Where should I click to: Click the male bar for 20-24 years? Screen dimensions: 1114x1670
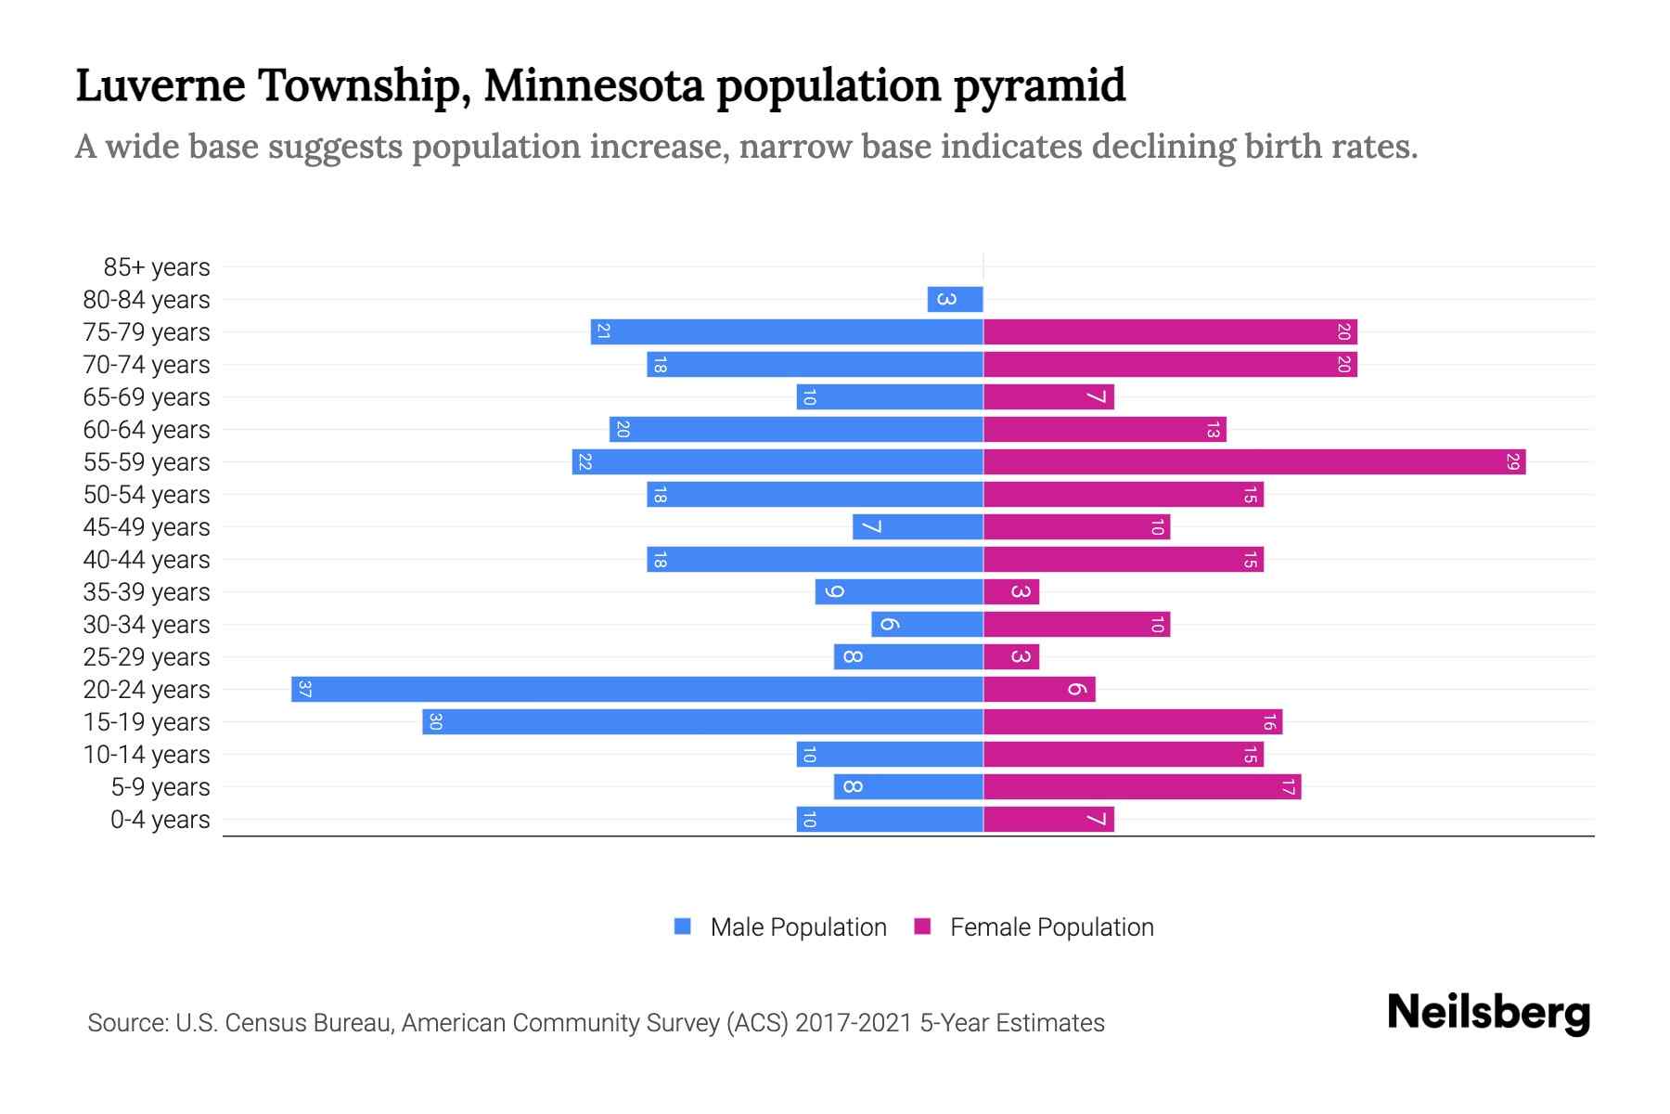coord(637,689)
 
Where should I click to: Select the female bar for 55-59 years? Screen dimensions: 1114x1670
coord(1254,461)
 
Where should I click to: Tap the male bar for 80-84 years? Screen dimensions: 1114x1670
coord(955,299)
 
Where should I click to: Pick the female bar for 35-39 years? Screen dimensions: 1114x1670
coord(1011,591)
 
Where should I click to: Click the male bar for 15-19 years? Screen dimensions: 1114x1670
coord(702,721)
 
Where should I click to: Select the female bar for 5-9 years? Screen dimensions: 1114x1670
coord(1142,786)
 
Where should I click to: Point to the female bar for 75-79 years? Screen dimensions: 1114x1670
coord(1170,331)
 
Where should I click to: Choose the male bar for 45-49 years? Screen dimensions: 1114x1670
coord(918,526)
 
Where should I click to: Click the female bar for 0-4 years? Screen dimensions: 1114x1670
coord(1048,819)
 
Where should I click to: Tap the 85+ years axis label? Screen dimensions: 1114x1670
coord(157,267)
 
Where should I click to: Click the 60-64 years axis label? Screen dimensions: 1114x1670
coord(147,430)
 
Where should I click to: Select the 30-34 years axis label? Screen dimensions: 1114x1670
coord(147,625)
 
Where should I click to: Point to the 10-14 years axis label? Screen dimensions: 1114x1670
coord(147,755)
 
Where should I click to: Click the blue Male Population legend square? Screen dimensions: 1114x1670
coord(683,926)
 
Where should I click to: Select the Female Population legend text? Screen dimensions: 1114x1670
coord(1051,927)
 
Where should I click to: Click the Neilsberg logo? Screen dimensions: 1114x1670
coord(1488,1013)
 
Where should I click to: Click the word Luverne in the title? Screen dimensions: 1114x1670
coord(161,85)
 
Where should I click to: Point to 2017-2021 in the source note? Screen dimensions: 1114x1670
coord(854,1023)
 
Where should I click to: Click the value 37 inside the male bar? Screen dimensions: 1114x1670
coord(305,689)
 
